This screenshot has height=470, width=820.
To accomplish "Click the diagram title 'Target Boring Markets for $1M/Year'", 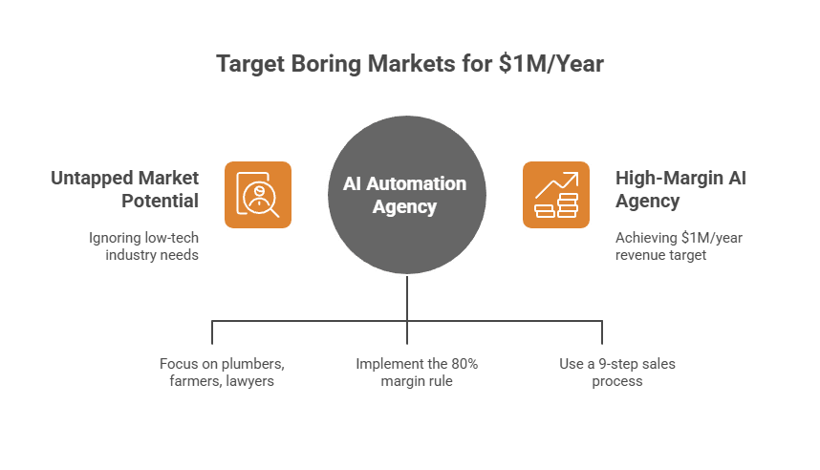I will [410, 65].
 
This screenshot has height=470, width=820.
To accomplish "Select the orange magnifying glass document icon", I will [257, 195].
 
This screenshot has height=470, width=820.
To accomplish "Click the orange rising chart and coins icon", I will [556, 195].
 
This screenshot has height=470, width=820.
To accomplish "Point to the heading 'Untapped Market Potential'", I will [125, 189].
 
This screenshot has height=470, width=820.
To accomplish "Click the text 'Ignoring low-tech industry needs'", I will [143, 246].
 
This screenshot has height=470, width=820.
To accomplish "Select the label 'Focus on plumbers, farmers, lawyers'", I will [223, 373].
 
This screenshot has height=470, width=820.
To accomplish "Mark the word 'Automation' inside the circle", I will [425, 183].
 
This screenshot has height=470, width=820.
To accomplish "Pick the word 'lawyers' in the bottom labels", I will [251, 381].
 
